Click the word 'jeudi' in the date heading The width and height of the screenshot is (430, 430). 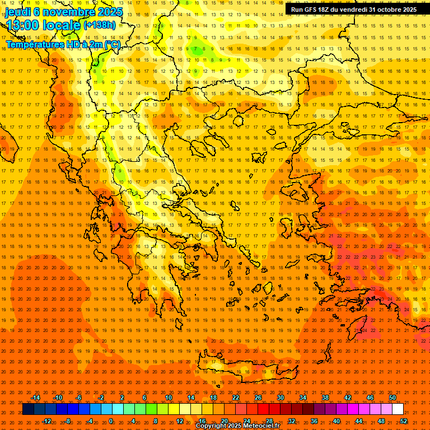tap(18, 11)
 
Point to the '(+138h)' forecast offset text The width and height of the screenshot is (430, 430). tap(99, 25)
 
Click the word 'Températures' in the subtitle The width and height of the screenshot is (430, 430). tap(33, 44)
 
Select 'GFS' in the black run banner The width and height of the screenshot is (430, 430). tap(313, 10)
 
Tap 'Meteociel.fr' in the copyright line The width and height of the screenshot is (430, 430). tap(260, 426)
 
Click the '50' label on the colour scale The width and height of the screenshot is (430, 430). tap(392, 398)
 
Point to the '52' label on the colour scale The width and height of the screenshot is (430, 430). tap(404, 421)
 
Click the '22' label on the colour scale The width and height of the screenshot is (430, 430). tap(236, 398)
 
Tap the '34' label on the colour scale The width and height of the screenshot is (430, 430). tap(303, 398)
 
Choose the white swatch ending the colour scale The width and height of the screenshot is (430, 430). tap(398, 409)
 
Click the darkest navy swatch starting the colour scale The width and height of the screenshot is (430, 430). tap(28, 409)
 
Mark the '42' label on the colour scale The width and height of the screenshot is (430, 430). tap(348, 398)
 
